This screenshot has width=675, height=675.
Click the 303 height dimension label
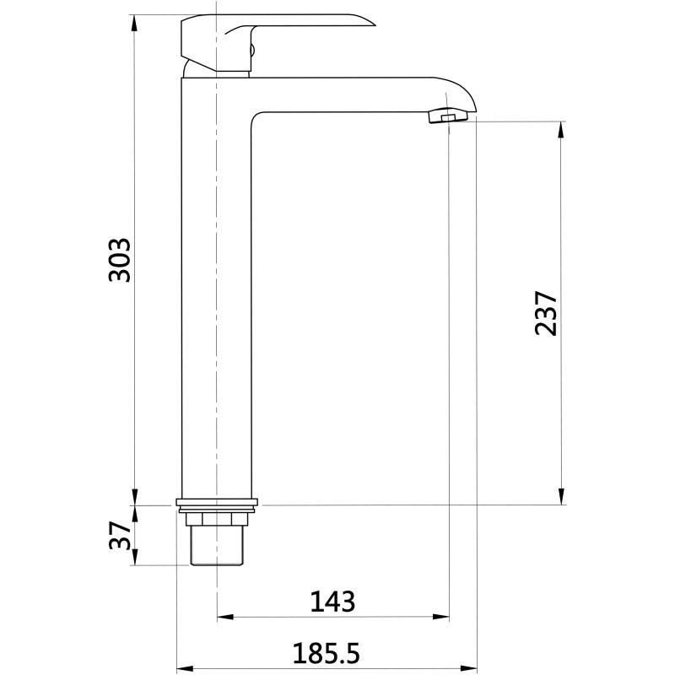tap(119, 260)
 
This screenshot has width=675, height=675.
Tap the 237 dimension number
tap(546, 313)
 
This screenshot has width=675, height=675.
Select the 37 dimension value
tap(119, 536)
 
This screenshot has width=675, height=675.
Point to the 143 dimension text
tap(332, 602)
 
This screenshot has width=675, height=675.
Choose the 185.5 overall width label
tap(326, 653)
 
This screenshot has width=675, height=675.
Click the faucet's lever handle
tap(278, 42)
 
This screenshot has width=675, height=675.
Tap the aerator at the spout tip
tap(448, 116)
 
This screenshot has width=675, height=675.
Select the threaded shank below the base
tap(217, 545)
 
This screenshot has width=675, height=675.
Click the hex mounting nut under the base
tap(217, 520)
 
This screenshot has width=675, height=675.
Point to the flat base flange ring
tap(217, 502)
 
